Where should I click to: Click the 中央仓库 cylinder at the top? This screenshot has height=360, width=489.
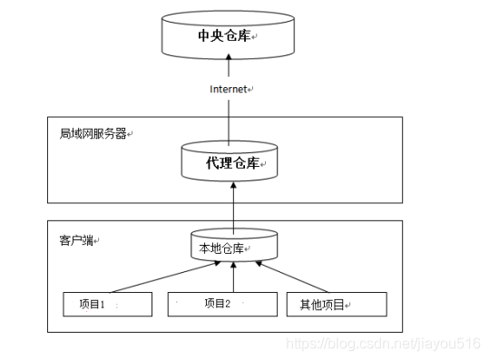tap(230, 34)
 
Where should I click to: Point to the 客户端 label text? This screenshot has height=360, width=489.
tap(77, 240)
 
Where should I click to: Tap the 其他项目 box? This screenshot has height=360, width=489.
tap(337, 305)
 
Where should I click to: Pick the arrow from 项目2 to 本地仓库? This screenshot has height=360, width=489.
tap(233, 277)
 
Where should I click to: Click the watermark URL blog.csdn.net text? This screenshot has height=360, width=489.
tap(382, 345)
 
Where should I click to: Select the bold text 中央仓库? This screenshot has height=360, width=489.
tap(225, 36)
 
